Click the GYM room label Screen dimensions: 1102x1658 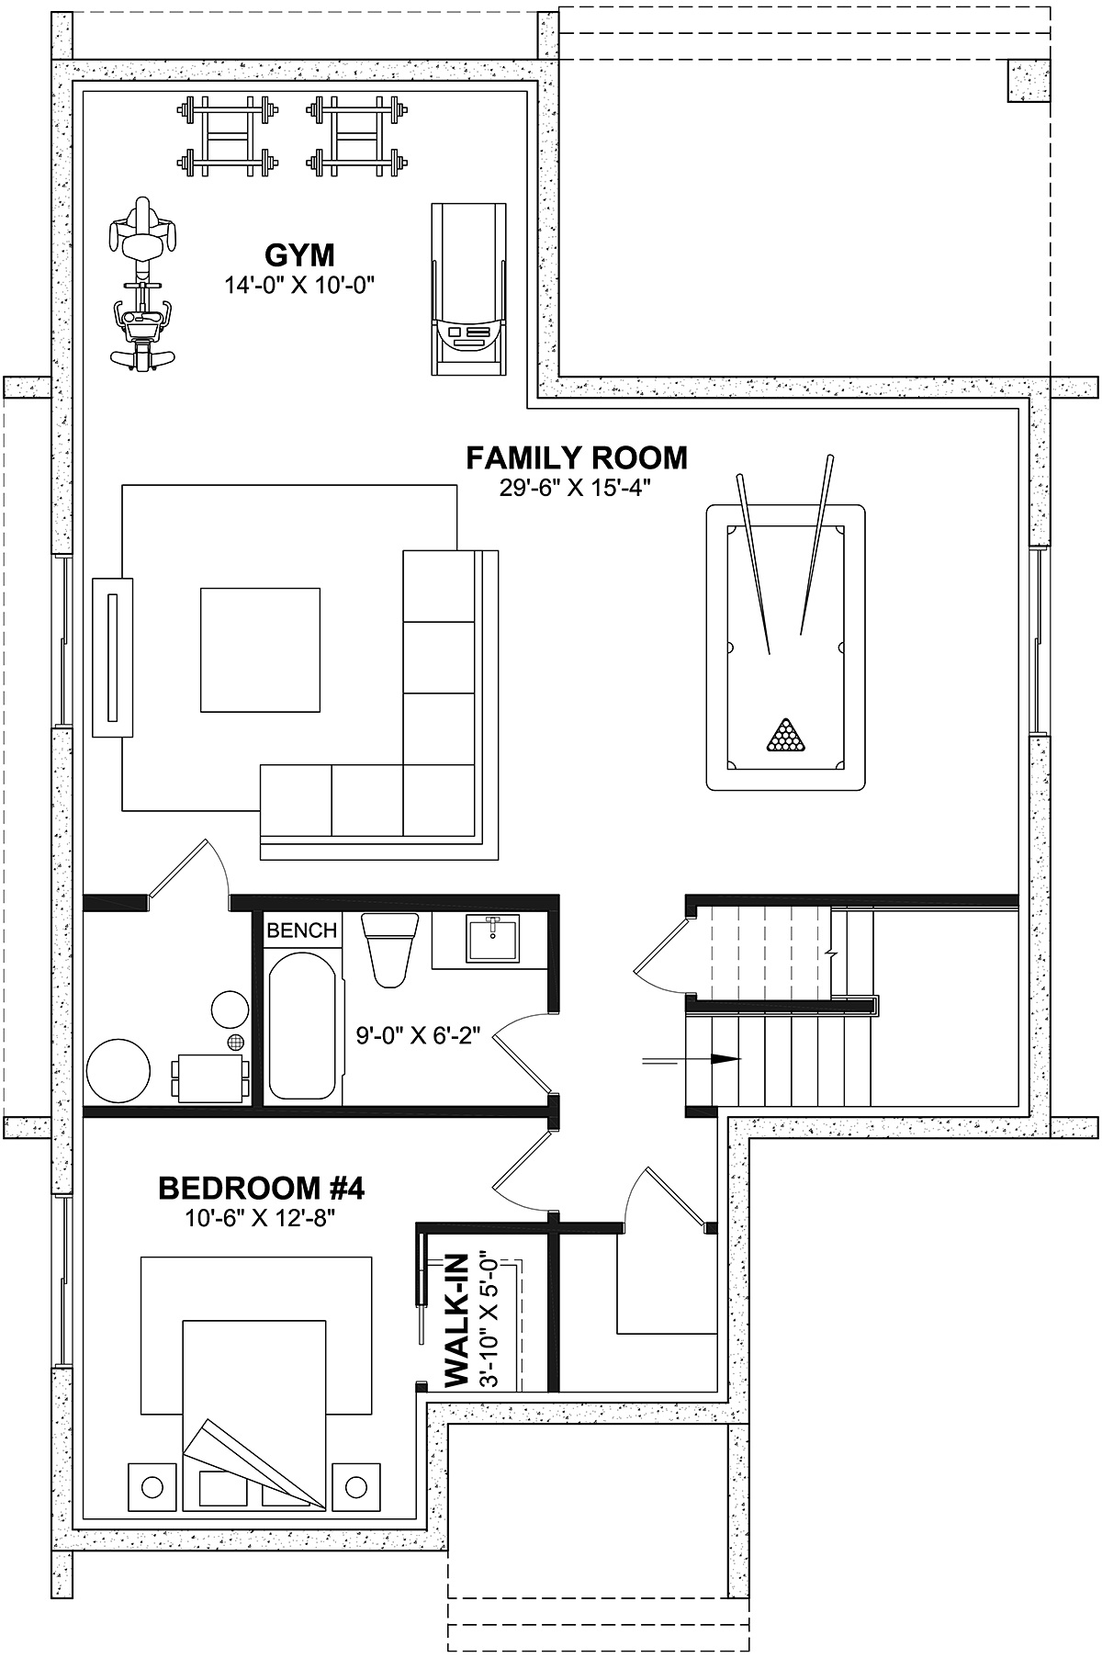[x=298, y=254]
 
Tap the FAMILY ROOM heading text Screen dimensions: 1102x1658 [x=577, y=457]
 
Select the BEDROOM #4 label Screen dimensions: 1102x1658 [x=262, y=1189]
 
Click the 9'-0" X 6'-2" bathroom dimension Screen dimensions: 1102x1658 [x=418, y=1037]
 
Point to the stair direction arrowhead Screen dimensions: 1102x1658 [x=726, y=1058]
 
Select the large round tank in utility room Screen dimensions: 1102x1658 [x=118, y=1069]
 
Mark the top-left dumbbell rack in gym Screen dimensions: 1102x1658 [x=227, y=135]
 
